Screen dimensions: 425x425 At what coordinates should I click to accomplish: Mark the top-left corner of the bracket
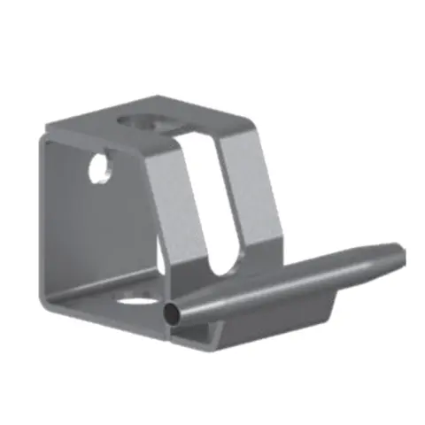tap(42, 138)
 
